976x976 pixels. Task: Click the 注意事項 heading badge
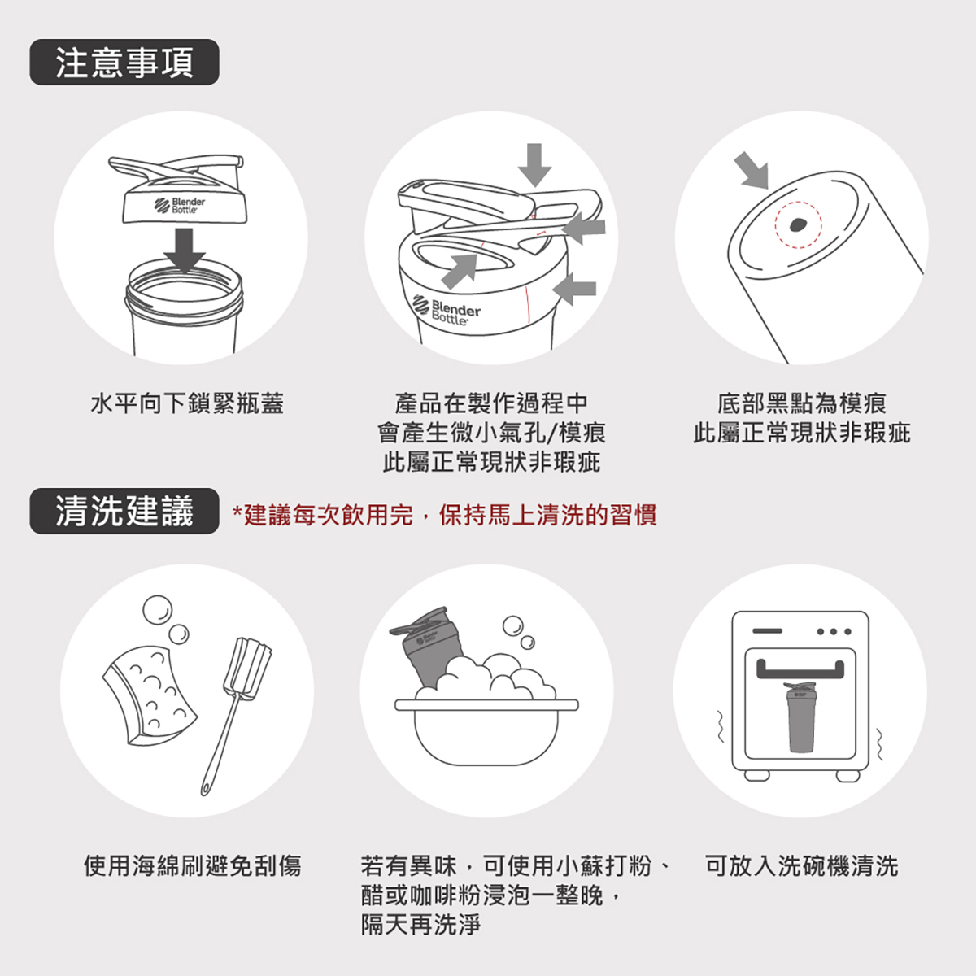(124, 63)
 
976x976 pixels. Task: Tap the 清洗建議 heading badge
(124, 511)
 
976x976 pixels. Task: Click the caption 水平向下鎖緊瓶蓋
(187, 403)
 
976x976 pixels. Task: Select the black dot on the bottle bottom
(798, 224)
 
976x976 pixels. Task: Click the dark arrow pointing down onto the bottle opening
(185, 250)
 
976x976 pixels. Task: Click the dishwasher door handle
(800, 669)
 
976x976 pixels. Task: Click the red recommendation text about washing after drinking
(444, 515)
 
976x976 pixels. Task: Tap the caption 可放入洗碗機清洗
(802, 865)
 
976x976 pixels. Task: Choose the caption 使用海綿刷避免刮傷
(193, 865)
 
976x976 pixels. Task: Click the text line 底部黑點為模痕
(802, 403)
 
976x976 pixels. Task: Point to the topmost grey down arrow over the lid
(534, 165)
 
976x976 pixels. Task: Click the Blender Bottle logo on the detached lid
(180, 206)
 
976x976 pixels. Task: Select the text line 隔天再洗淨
(420, 925)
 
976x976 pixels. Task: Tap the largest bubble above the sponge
(158, 610)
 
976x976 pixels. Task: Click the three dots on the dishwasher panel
(834, 632)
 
